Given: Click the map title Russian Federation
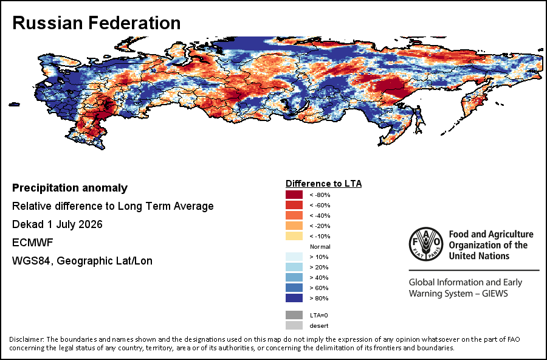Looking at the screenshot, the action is pos(96,23).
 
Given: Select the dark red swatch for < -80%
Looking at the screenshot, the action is pos(294,195).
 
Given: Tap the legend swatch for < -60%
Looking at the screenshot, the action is pos(294,205).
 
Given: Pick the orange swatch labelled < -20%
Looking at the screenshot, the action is pos(294,226).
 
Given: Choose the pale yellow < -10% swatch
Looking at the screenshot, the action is pos(294,236).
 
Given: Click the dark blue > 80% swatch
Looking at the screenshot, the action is pos(294,298).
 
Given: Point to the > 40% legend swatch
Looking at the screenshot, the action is pos(294,277).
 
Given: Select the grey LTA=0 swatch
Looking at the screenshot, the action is pos(294,315).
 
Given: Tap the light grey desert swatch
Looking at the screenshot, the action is pos(294,325).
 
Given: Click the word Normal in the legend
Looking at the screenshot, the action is pos(320,246).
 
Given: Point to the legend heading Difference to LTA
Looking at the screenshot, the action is pos(323,184).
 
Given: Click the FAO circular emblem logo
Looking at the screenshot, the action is pos(426,244).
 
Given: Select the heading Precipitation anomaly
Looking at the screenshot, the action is pos(70,188).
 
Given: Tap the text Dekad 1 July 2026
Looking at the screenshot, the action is pos(57,224).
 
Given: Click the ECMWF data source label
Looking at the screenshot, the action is pos(32,243).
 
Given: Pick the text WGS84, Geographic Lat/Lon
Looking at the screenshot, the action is pos(82,261).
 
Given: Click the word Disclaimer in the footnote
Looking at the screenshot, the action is pos(26,339).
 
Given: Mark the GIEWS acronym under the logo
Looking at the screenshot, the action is pos(495,294).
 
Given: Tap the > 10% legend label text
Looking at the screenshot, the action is pos(319,257).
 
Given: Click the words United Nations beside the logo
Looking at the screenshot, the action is pos(479,256).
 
